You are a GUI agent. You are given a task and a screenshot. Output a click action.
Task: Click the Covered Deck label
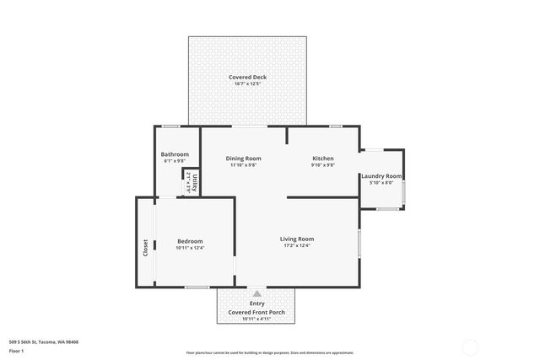point(248,77)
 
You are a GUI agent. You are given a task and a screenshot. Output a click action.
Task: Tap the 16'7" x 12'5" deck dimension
point(248,83)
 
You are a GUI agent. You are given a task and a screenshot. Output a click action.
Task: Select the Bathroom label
point(175,154)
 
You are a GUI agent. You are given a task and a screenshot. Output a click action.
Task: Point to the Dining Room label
point(243,159)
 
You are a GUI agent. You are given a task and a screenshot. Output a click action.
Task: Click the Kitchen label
point(323,159)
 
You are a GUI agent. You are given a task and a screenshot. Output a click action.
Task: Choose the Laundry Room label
point(381,176)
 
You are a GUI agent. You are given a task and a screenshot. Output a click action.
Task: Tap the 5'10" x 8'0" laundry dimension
point(381,183)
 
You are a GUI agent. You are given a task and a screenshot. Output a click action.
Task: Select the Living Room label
point(297,239)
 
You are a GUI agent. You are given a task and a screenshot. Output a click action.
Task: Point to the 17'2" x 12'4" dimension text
point(297,245)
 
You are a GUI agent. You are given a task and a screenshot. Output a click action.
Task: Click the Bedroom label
point(189,241)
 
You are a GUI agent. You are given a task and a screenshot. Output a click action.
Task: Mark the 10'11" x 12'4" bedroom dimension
point(189,248)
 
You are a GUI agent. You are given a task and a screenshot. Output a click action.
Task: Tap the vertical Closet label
point(145,248)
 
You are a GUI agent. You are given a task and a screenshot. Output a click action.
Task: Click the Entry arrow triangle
point(256,293)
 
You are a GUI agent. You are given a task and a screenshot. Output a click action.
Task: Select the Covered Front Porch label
point(256,313)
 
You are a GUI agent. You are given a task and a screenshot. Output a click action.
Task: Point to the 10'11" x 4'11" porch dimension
point(256,320)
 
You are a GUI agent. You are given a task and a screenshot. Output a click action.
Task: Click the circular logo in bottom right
point(471,347)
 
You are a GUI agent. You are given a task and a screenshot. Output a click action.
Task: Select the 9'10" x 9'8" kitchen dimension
point(323,165)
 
